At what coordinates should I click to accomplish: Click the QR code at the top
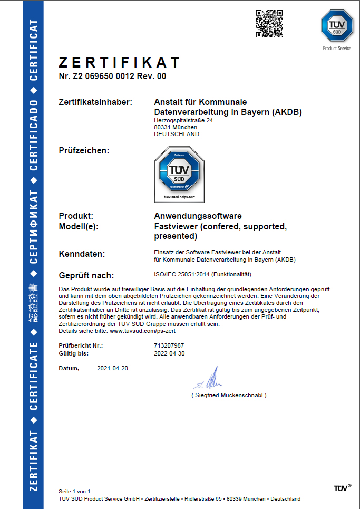tap(266, 24)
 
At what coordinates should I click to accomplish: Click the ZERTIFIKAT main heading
tap(120, 63)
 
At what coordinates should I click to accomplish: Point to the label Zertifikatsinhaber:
tap(95, 102)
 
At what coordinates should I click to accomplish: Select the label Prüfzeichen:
tap(84, 151)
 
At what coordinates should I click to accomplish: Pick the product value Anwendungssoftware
tap(198, 216)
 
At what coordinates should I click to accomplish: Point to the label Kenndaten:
tap(82, 254)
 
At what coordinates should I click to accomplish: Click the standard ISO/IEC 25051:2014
tap(181, 274)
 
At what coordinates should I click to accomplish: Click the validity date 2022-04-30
tap(169, 353)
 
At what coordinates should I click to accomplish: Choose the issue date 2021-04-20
tap(113, 368)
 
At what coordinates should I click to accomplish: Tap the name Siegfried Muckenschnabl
tap(229, 395)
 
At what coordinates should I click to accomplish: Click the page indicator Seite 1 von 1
tap(74, 491)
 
